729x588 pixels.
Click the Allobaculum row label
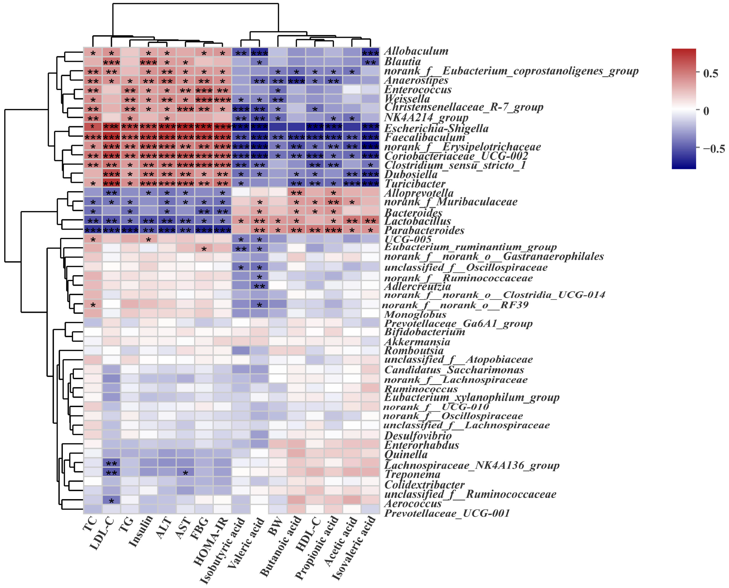(416, 51)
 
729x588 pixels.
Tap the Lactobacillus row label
(417, 221)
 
